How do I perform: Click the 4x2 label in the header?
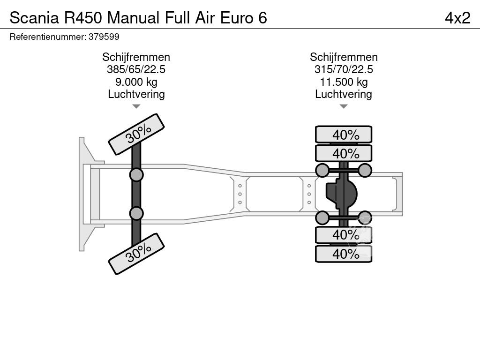(457, 18)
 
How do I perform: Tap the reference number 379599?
(104, 37)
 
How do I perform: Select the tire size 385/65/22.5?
(136, 69)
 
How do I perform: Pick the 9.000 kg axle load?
(136, 82)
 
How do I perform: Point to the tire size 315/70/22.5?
(344, 69)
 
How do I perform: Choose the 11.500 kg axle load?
(344, 82)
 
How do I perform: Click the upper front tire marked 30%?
(136, 134)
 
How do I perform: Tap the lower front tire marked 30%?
(136, 254)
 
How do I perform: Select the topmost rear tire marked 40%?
(344, 135)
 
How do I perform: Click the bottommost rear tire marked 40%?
(344, 254)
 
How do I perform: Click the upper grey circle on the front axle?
(136, 175)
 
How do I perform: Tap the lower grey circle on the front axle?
(136, 213)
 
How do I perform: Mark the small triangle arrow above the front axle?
(136, 106)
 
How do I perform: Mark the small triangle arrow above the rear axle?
(344, 106)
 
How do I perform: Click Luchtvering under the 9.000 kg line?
(136, 94)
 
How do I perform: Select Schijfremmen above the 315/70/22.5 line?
(344, 57)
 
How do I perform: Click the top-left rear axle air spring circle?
(322, 170)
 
